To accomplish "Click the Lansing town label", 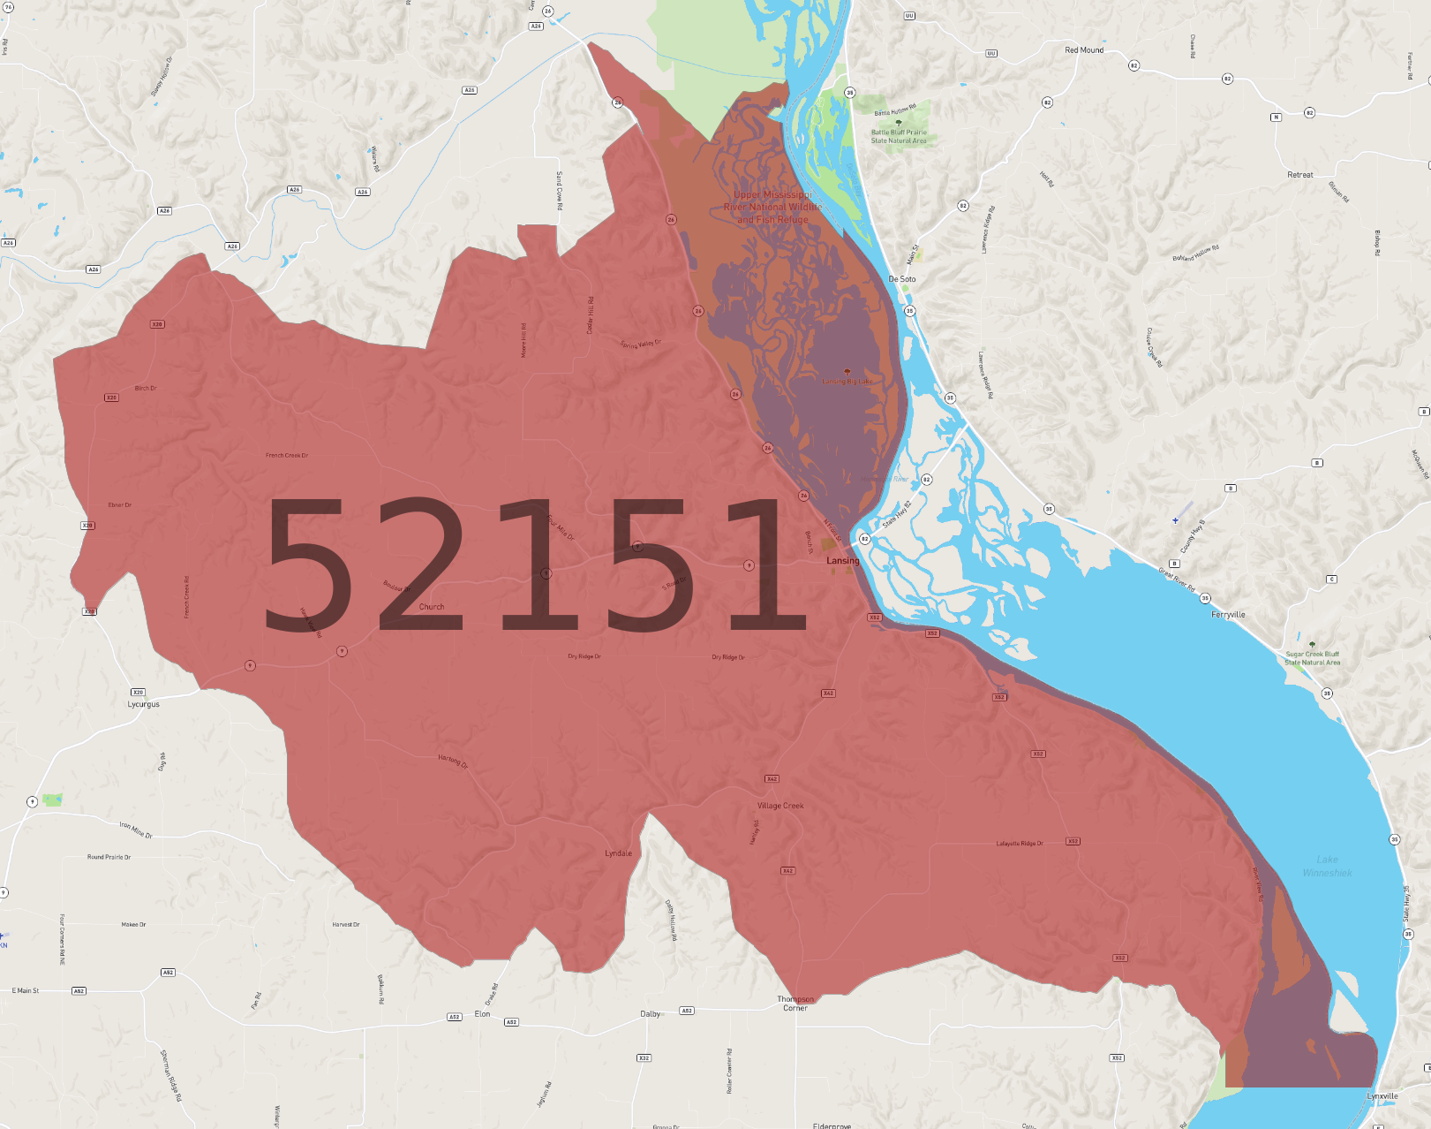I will tap(842, 561).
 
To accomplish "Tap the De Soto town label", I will tap(901, 279).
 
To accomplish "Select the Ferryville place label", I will tap(1228, 615).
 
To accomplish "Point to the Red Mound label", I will tap(1083, 50).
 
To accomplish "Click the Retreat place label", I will tap(1299, 175).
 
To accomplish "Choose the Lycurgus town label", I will tap(143, 705).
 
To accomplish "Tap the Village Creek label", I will tap(780, 806).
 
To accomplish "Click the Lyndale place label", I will tap(618, 853).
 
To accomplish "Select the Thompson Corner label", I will tap(795, 1004).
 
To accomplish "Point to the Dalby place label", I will tap(650, 1014).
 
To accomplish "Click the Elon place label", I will tap(482, 1014).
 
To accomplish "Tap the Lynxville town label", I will tap(1382, 1096).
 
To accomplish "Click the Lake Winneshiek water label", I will tap(1327, 866).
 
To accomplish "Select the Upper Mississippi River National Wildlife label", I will tap(772, 207).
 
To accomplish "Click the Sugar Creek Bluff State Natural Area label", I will tap(1312, 658).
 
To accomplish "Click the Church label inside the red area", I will tap(432, 607).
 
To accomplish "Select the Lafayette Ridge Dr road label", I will tap(1020, 844).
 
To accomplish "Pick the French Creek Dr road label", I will tap(287, 456).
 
